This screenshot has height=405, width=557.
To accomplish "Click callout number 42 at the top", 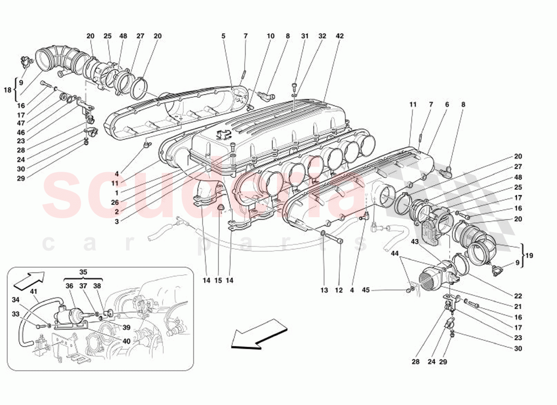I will (x=339, y=36).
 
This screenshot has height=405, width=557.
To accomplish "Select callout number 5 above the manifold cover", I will (x=223, y=36).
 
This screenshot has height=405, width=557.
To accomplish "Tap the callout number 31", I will (x=304, y=36).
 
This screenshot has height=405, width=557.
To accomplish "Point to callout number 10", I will (x=270, y=36).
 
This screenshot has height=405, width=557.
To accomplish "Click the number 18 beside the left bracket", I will (x=8, y=90).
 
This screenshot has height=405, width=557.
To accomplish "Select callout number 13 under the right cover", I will (x=324, y=291).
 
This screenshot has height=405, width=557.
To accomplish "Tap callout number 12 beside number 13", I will (x=338, y=291).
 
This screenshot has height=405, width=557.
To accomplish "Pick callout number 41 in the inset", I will (x=33, y=291).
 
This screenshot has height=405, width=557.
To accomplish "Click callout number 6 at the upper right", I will (x=447, y=104).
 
